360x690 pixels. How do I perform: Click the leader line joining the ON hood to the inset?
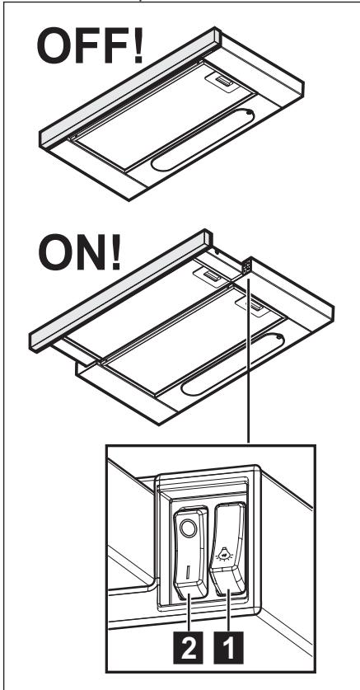[246, 371]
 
